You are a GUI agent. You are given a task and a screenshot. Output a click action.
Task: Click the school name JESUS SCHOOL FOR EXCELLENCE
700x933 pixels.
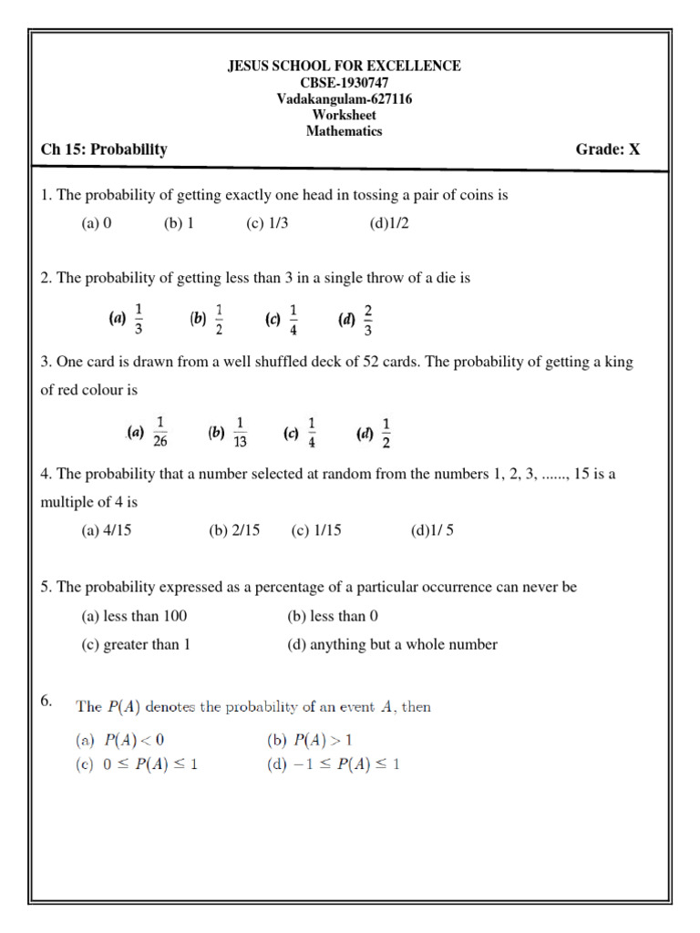tap(344, 66)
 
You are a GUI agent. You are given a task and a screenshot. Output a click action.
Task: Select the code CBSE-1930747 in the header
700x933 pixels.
tap(344, 82)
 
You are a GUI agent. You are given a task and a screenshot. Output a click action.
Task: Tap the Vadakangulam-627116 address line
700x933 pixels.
tap(344, 98)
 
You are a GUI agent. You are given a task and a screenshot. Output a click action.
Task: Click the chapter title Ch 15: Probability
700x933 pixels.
tap(104, 149)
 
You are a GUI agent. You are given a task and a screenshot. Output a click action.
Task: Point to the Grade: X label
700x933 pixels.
tap(608, 149)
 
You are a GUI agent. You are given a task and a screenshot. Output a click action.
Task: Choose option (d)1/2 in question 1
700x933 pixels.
tap(390, 223)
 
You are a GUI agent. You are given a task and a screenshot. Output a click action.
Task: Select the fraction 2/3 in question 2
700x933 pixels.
tap(368, 319)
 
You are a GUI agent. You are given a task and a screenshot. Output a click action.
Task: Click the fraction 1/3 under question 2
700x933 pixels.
tap(139, 319)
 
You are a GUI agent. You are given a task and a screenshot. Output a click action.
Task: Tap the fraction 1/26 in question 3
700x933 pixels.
tap(160, 432)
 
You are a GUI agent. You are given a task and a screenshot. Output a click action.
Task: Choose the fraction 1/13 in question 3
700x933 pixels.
tap(241, 432)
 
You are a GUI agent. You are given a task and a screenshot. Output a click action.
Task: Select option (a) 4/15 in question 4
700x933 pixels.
tap(107, 531)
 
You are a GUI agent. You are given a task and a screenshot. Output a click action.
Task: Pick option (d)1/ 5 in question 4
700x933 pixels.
tap(432, 531)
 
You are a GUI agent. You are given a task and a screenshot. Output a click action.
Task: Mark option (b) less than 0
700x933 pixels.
tap(333, 616)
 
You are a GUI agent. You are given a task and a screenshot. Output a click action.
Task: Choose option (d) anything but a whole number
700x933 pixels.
tap(392, 644)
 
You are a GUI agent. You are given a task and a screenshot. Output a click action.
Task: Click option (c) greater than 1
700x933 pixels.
tap(136, 644)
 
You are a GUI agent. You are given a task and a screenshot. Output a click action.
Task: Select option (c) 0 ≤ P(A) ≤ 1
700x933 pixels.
tap(137, 764)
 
